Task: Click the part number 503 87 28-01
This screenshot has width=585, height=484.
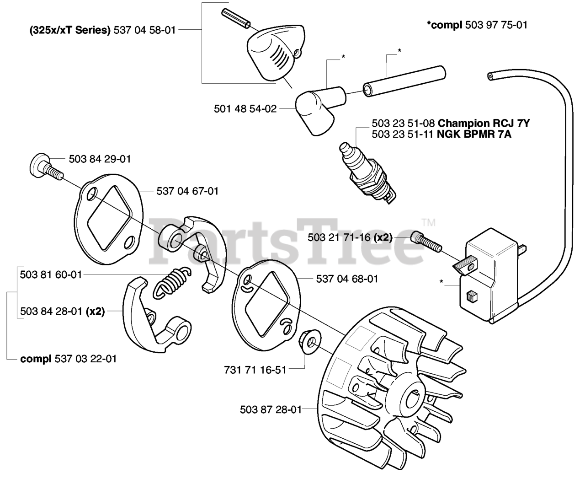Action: (x=271, y=409)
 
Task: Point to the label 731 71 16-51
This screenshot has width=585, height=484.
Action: (x=255, y=369)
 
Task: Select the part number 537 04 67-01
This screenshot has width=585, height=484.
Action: (x=187, y=191)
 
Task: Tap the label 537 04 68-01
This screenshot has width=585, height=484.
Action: (x=347, y=279)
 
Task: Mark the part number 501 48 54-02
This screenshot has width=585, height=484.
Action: (x=245, y=109)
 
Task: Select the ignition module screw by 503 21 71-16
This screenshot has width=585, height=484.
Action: (x=426, y=242)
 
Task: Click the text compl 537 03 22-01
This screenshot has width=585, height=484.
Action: (x=69, y=359)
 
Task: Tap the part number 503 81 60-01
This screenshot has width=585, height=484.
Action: (x=51, y=274)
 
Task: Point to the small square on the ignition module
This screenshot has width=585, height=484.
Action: (x=470, y=297)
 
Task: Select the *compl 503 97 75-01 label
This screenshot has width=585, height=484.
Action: (x=477, y=25)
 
